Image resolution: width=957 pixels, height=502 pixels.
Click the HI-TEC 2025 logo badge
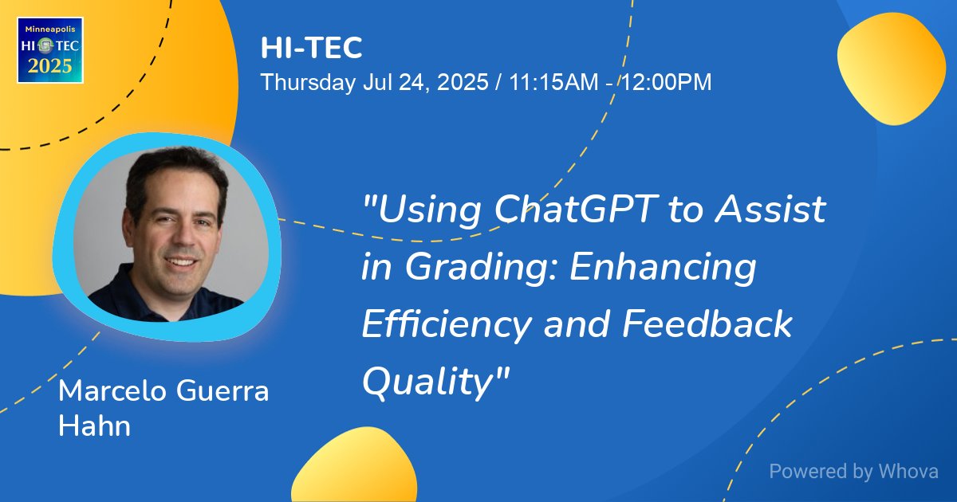[50, 49]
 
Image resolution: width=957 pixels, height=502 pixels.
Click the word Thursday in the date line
[307, 82]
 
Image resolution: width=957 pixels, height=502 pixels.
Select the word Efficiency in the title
[447, 324]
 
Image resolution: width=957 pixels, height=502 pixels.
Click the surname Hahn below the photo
[94, 426]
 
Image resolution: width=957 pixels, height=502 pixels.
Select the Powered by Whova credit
[853, 472]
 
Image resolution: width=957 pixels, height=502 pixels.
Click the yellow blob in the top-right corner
[891, 69]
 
